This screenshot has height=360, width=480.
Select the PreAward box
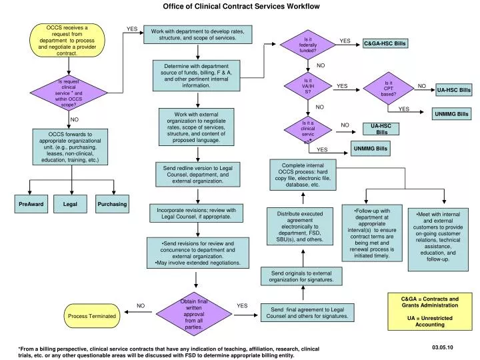[x=31, y=203]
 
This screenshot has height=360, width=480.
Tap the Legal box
[x=71, y=203]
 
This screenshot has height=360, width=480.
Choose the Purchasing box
[x=112, y=203]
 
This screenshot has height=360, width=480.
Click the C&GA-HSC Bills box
[x=385, y=43]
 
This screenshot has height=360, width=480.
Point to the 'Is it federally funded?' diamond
[x=307, y=45]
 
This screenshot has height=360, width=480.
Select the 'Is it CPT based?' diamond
[x=389, y=89]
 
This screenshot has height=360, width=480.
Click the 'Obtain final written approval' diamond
[x=193, y=314]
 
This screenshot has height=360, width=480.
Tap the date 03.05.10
[x=441, y=348]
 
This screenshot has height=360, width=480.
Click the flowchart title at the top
[x=241, y=6]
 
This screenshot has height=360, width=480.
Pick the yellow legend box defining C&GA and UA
[x=425, y=311]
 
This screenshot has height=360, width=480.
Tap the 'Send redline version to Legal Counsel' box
[x=197, y=174]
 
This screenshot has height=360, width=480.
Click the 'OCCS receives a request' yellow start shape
[x=67, y=40]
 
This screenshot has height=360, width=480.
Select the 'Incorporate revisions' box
[x=197, y=213]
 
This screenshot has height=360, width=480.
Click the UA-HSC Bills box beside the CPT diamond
[x=453, y=89]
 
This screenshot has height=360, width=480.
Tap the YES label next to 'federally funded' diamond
[x=345, y=41]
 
